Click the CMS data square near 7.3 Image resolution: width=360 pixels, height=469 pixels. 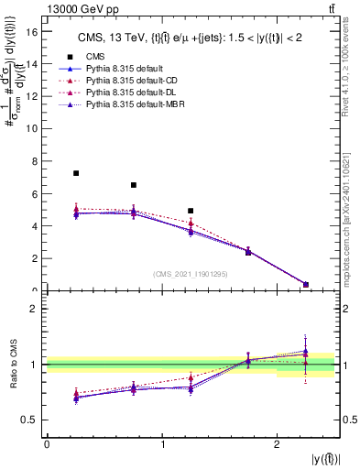(76, 173)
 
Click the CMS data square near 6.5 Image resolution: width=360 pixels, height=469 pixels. (134, 185)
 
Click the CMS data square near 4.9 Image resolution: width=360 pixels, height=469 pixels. (191, 211)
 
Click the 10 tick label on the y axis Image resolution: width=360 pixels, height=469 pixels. (35, 129)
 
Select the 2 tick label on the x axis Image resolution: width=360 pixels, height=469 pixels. (277, 444)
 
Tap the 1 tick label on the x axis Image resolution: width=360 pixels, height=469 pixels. (162, 444)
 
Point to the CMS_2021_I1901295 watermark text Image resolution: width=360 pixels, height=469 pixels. (191, 274)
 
